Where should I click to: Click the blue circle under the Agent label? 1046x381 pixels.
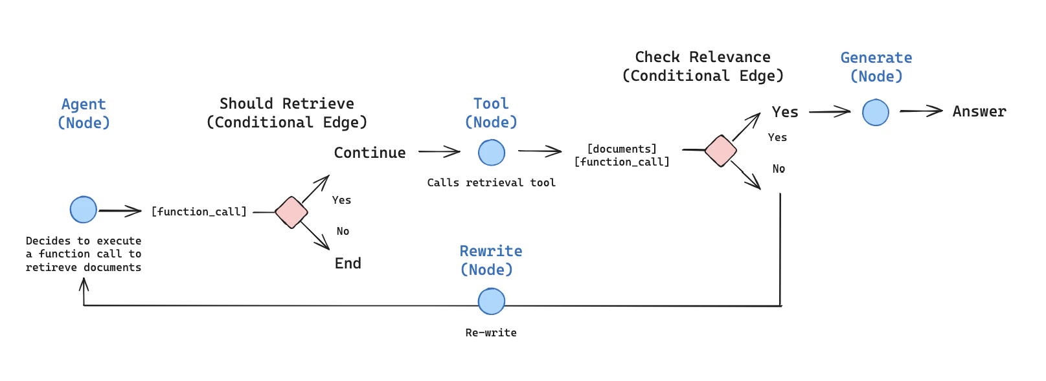click(84, 210)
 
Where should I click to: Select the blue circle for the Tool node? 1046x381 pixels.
click(492, 153)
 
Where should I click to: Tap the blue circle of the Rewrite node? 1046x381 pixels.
click(492, 301)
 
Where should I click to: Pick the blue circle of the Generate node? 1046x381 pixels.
click(876, 113)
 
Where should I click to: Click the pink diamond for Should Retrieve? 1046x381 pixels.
click(291, 212)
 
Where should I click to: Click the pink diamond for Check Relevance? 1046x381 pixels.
click(720, 151)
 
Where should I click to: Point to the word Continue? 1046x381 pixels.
click(370, 153)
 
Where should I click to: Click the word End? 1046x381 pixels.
click(348, 263)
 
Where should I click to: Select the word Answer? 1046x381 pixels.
click(979, 111)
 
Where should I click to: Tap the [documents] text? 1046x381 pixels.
click(622, 149)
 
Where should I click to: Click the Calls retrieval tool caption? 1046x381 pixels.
click(491, 182)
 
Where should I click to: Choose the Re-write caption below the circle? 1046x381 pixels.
click(491, 332)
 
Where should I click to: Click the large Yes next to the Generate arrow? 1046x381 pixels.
click(785, 112)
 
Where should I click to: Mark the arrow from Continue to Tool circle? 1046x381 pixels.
click(439, 152)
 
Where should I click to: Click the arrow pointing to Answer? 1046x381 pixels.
click(921, 111)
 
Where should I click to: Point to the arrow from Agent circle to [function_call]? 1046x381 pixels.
click(120, 211)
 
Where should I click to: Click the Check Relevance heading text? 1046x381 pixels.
click(703, 57)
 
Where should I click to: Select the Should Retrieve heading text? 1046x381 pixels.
click(287, 103)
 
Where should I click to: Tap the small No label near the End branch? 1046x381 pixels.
click(343, 231)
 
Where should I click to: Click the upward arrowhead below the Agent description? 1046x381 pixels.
click(84, 285)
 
